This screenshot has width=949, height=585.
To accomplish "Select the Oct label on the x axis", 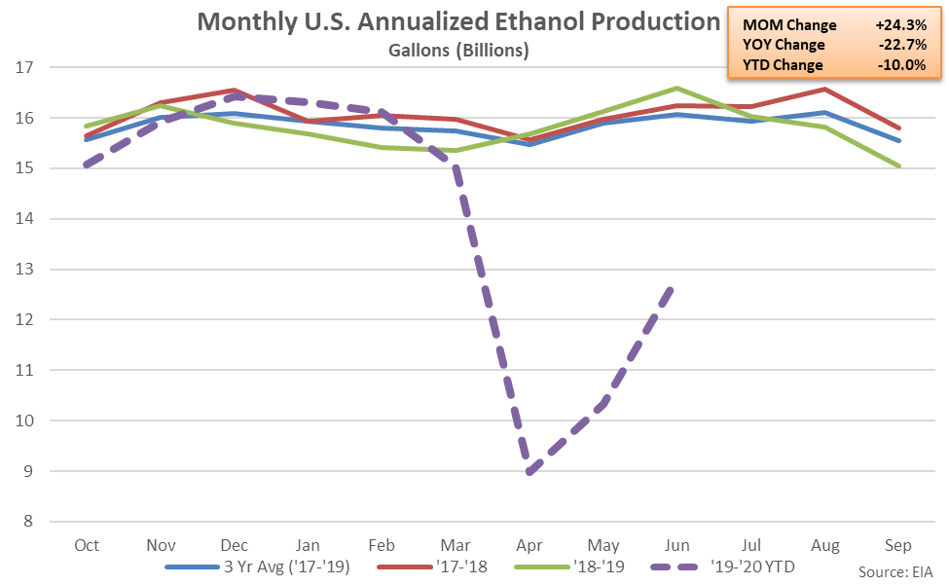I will click(x=87, y=545).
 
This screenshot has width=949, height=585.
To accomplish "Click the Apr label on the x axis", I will click(x=529, y=545).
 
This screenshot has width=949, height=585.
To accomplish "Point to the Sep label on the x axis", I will click(x=898, y=545).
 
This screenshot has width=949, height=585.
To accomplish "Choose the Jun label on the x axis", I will click(x=676, y=545).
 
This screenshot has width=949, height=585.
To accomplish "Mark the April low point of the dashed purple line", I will click(x=529, y=472).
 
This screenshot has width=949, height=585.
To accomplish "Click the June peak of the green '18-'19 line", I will click(x=676, y=88).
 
